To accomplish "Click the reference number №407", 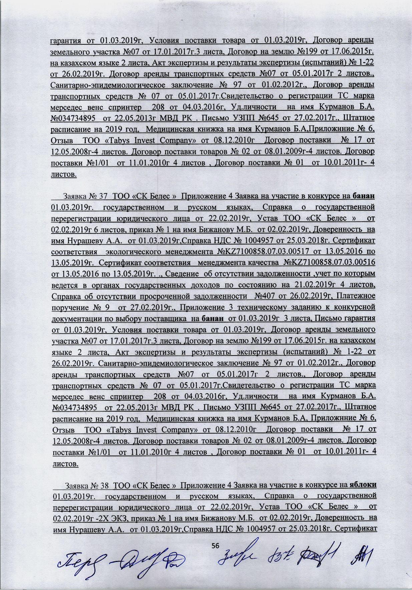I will [264, 295].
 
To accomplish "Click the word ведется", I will [63, 284].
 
